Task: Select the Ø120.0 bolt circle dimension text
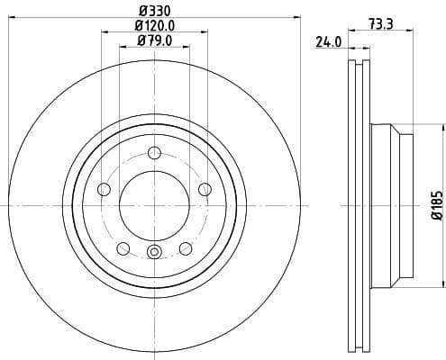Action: [154, 25]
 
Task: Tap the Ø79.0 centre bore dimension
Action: [154, 40]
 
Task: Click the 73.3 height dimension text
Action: [380, 24]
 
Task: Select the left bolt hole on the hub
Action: [103, 189]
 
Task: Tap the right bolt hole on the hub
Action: [205, 188]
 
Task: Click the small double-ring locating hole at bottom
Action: [154, 252]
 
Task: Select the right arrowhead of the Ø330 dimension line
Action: [297, 18]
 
